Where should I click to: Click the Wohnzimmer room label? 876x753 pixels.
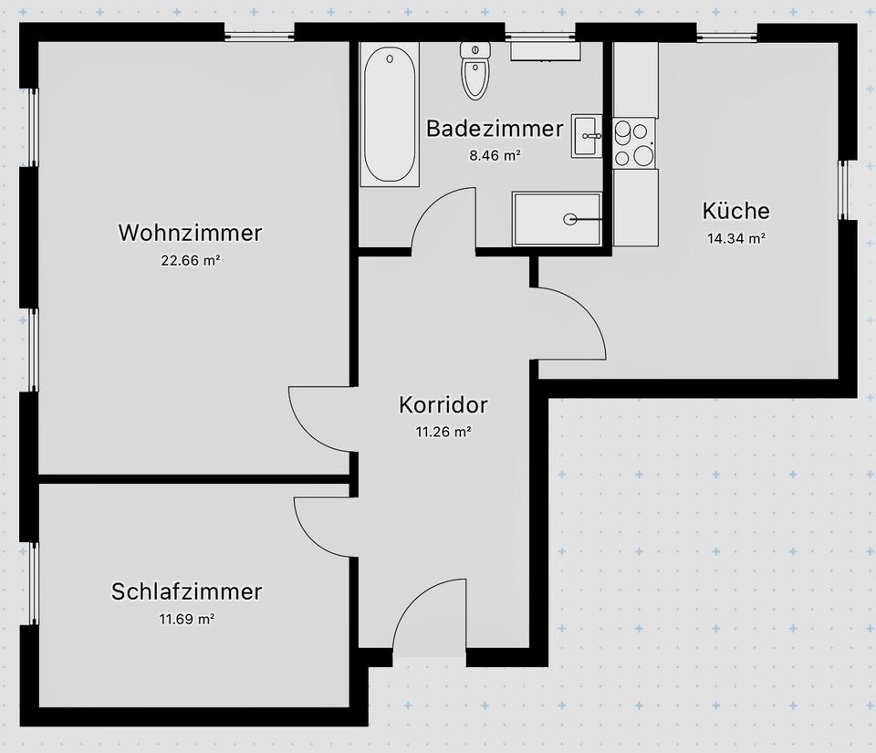(190, 233)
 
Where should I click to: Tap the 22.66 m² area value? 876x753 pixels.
(190, 260)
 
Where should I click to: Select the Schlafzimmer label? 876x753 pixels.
(186, 591)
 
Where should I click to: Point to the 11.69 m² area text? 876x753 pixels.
(186, 619)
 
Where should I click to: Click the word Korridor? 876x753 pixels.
(443, 404)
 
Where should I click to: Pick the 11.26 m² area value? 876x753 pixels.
(443, 432)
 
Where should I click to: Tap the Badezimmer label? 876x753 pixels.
(495, 129)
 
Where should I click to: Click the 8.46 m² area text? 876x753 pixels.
(495, 155)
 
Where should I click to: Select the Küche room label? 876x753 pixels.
(735, 211)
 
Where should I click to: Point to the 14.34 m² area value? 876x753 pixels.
(735, 239)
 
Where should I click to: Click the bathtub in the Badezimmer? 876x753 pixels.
(390, 114)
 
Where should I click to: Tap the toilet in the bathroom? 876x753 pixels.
(475, 70)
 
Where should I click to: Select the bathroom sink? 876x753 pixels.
(588, 136)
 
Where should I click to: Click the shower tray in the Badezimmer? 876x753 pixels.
(558, 219)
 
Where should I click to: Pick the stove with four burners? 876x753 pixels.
(635, 143)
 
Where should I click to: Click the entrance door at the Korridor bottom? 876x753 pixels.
(429, 621)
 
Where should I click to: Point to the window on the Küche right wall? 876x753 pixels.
(844, 190)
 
